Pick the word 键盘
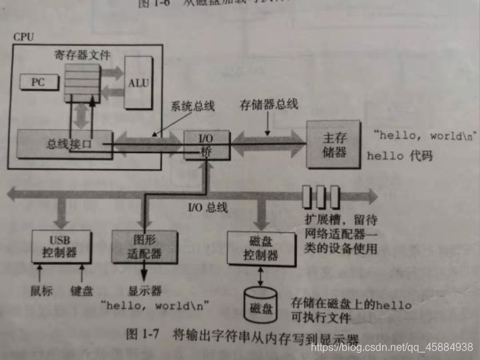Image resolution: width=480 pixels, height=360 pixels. point(82,291)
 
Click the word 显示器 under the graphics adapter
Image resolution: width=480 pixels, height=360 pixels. point(144,291)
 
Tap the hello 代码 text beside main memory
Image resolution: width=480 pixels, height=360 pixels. point(399,156)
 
